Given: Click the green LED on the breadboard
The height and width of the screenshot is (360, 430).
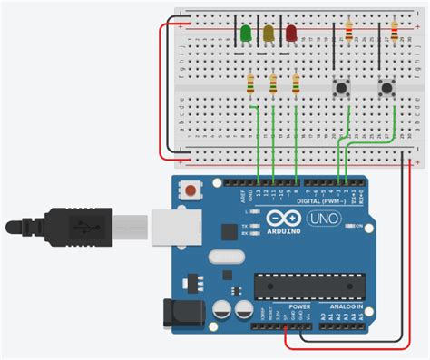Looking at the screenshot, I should click(x=246, y=34).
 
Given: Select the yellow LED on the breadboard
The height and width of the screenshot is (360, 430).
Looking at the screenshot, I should click(x=269, y=34).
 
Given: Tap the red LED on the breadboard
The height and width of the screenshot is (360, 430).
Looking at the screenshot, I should click(x=292, y=34).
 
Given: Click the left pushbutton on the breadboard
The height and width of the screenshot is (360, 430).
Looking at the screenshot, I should click(x=344, y=88).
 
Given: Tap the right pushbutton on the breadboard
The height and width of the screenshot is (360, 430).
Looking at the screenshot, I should click(x=387, y=88).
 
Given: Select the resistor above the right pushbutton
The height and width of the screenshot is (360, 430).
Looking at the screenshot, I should click(x=394, y=33).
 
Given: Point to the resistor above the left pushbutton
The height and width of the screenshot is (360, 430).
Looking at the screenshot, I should click(x=350, y=33).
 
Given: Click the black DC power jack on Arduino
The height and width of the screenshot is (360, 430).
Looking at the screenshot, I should click(x=175, y=313).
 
